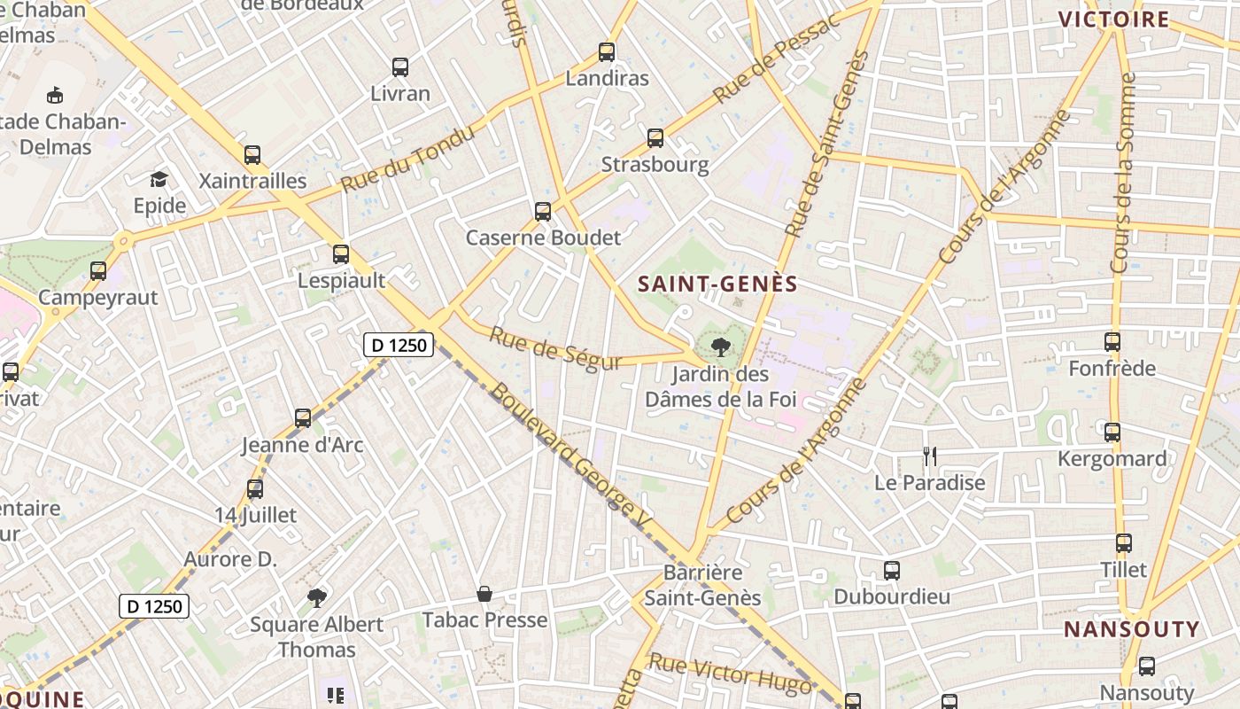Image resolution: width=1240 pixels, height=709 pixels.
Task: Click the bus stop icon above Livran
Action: (x=400, y=66)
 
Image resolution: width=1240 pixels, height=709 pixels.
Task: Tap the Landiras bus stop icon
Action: (x=607, y=52)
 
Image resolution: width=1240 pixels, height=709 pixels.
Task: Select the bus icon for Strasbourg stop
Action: (x=655, y=138)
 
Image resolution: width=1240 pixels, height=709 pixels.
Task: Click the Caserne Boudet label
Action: (x=543, y=238)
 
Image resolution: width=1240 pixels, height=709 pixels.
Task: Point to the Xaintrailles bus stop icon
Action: (x=252, y=155)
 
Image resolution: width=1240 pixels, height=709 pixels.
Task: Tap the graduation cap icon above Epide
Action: (x=159, y=180)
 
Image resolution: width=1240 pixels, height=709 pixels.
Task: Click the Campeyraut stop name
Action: (x=97, y=297)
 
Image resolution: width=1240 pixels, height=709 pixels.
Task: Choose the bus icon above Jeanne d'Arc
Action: (x=303, y=417)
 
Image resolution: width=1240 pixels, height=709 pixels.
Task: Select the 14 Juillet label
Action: (x=255, y=515)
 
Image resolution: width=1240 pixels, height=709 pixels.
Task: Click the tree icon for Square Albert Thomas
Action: (x=316, y=598)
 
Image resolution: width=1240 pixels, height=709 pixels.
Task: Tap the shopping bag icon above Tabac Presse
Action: (x=484, y=593)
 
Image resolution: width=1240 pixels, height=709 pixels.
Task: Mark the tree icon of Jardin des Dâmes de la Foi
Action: (x=721, y=347)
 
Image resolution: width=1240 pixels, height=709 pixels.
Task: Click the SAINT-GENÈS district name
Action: (x=718, y=284)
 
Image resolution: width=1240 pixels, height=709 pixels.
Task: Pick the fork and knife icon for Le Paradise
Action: (x=929, y=456)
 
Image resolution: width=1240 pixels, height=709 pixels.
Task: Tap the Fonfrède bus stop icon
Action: (x=1112, y=341)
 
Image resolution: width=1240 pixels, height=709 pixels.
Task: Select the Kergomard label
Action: (x=1112, y=458)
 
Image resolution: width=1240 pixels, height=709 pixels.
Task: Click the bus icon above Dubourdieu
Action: (x=892, y=570)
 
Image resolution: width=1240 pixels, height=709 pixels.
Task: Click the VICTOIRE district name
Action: (x=1114, y=19)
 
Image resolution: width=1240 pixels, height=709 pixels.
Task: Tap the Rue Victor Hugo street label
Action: (x=730, y=674)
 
